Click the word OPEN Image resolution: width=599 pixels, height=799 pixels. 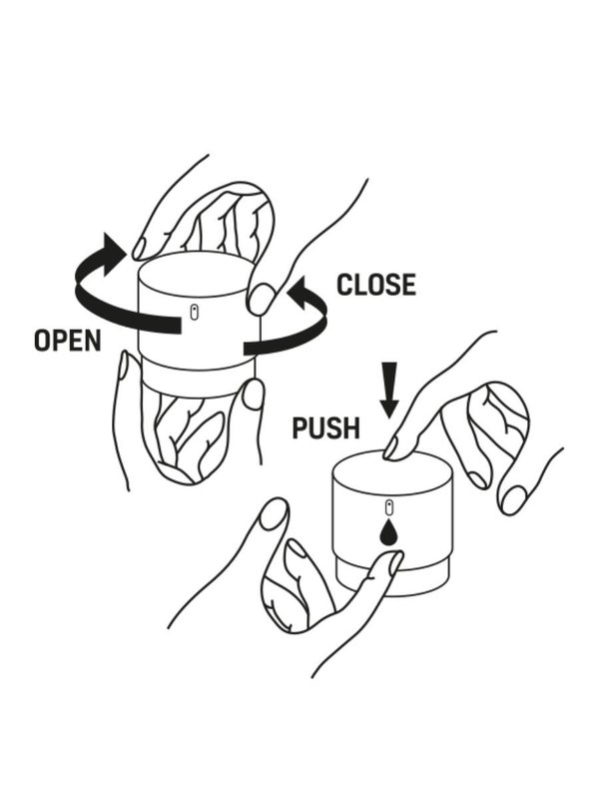[67, 341]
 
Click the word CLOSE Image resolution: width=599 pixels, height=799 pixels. [375, 285]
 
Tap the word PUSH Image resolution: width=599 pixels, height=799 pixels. [324, 428]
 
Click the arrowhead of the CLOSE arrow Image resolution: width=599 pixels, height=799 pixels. [298, 291]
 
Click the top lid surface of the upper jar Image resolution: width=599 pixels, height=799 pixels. [195, 269]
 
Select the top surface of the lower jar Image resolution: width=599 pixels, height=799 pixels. [392, 469]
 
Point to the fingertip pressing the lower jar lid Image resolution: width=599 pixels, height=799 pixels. [392, 448]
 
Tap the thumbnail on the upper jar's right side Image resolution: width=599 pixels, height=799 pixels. [262, 299]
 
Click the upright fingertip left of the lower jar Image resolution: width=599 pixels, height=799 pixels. [273, 514]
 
